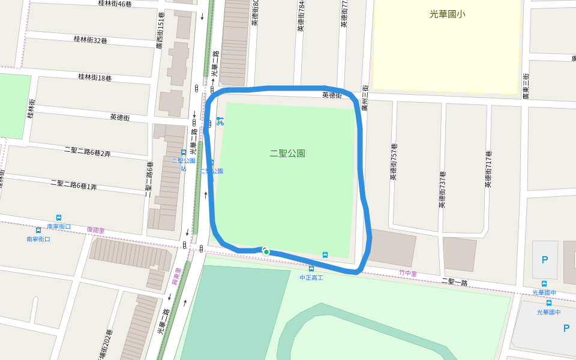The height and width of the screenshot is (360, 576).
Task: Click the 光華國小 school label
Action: coord(447,14)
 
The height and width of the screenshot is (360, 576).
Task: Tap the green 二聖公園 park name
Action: coord(287,153)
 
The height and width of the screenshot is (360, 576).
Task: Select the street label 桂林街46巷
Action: coord(115,4)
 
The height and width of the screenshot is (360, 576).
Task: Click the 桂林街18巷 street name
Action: coord(94,77)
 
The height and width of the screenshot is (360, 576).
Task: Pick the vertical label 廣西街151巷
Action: coord(160,31)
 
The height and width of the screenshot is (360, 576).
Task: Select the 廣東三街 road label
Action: coord(526,86)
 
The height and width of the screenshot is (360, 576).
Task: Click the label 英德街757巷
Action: coord(394,162)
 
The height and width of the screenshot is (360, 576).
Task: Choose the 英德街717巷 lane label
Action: coord(488,169)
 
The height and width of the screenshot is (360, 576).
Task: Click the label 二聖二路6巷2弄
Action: coord(88,149)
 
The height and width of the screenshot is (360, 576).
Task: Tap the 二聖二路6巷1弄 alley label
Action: coord(74,184)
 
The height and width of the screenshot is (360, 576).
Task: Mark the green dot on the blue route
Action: coord(266,252)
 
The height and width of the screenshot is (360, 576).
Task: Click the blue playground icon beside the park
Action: coord(220,120)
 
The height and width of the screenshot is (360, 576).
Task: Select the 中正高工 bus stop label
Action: coord(311,278)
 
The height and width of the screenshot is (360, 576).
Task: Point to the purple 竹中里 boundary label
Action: coord(407,273)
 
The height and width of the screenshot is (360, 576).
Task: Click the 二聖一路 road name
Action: coord(454,281)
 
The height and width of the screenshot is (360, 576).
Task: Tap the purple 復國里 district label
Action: coord(95,230)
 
